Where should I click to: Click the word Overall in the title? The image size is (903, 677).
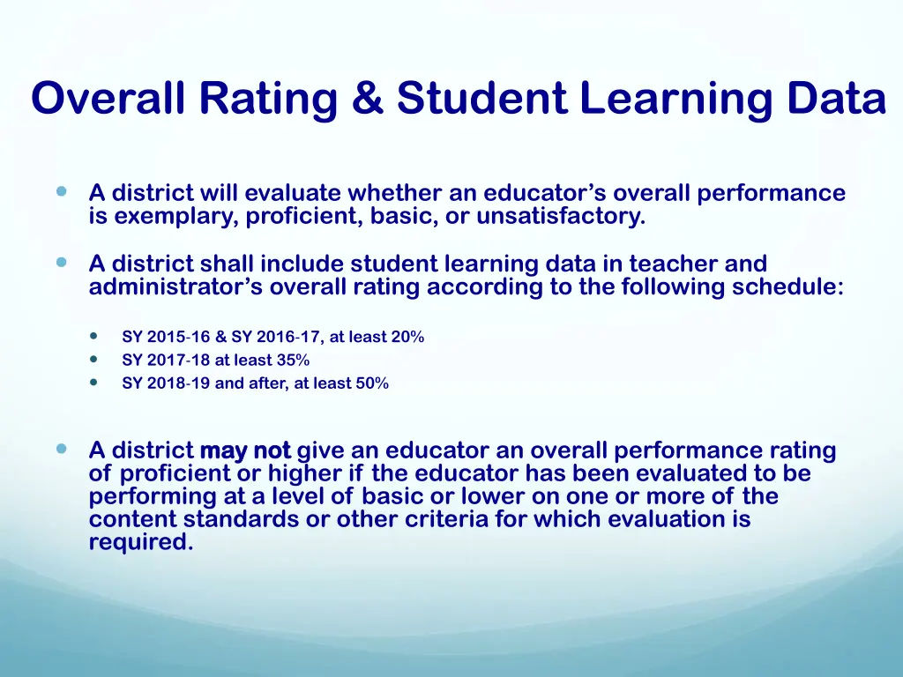pyautogui.click(x=108, y=98)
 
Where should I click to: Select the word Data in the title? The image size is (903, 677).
pyautogui.click(x=837, y=98)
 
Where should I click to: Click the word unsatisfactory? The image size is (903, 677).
pyautogui.click(x=561, y=216)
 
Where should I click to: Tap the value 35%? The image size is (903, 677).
pyautogui.click(x=290, y=360)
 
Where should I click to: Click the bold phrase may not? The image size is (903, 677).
pyautogui.click(x=245, y=451)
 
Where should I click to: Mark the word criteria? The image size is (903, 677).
pyautogui.click(x=446, y=519)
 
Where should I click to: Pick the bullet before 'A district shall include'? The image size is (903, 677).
pyautogui.click(x=61, y=263)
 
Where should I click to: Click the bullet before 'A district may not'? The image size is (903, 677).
pyautogui.click(x=61, y=449)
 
